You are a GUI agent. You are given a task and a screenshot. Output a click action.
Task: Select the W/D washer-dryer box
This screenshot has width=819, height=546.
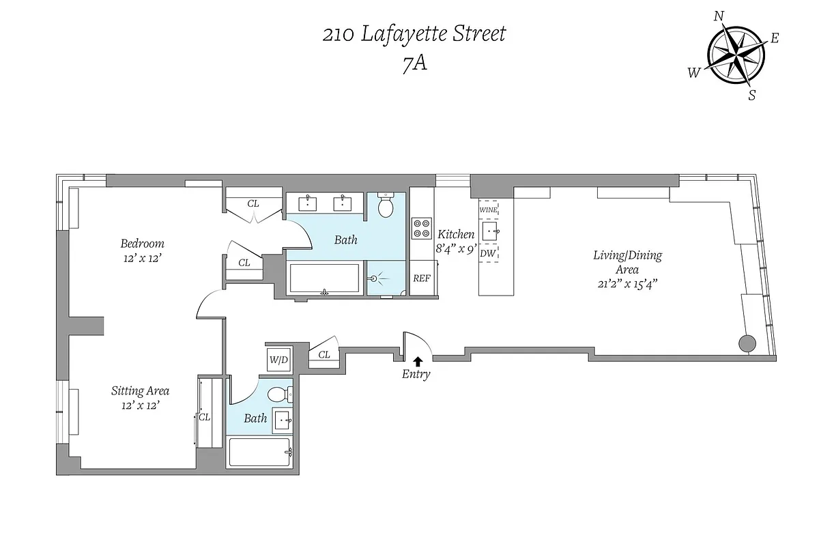click(278, 358)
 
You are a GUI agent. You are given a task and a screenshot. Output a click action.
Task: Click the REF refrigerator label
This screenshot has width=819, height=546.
click(421, 278)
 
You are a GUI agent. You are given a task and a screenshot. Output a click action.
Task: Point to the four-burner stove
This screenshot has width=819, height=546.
click(421, 228)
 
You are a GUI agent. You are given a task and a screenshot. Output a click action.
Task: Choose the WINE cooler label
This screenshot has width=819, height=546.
click(488, 210)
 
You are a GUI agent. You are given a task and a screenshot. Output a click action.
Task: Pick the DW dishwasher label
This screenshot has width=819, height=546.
click(487, 253)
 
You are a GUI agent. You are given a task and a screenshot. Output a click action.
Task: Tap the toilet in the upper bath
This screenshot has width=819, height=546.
click(386, 205)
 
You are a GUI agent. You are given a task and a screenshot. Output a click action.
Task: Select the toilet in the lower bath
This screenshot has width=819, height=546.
click(278, 394)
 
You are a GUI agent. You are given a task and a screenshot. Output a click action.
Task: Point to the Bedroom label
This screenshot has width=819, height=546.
click(142, 244)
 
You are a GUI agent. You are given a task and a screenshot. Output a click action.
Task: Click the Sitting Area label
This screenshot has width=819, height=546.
click(140, 391)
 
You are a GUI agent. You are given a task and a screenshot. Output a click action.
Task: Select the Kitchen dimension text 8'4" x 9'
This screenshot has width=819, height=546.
click(456, 249)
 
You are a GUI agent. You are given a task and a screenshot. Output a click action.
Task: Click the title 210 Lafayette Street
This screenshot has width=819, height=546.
click(414, 34)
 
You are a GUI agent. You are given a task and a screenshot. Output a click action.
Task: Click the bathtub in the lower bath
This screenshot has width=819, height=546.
click(260, 452)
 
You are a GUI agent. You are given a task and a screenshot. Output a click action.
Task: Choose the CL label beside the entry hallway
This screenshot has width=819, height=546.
click(324, 354)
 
